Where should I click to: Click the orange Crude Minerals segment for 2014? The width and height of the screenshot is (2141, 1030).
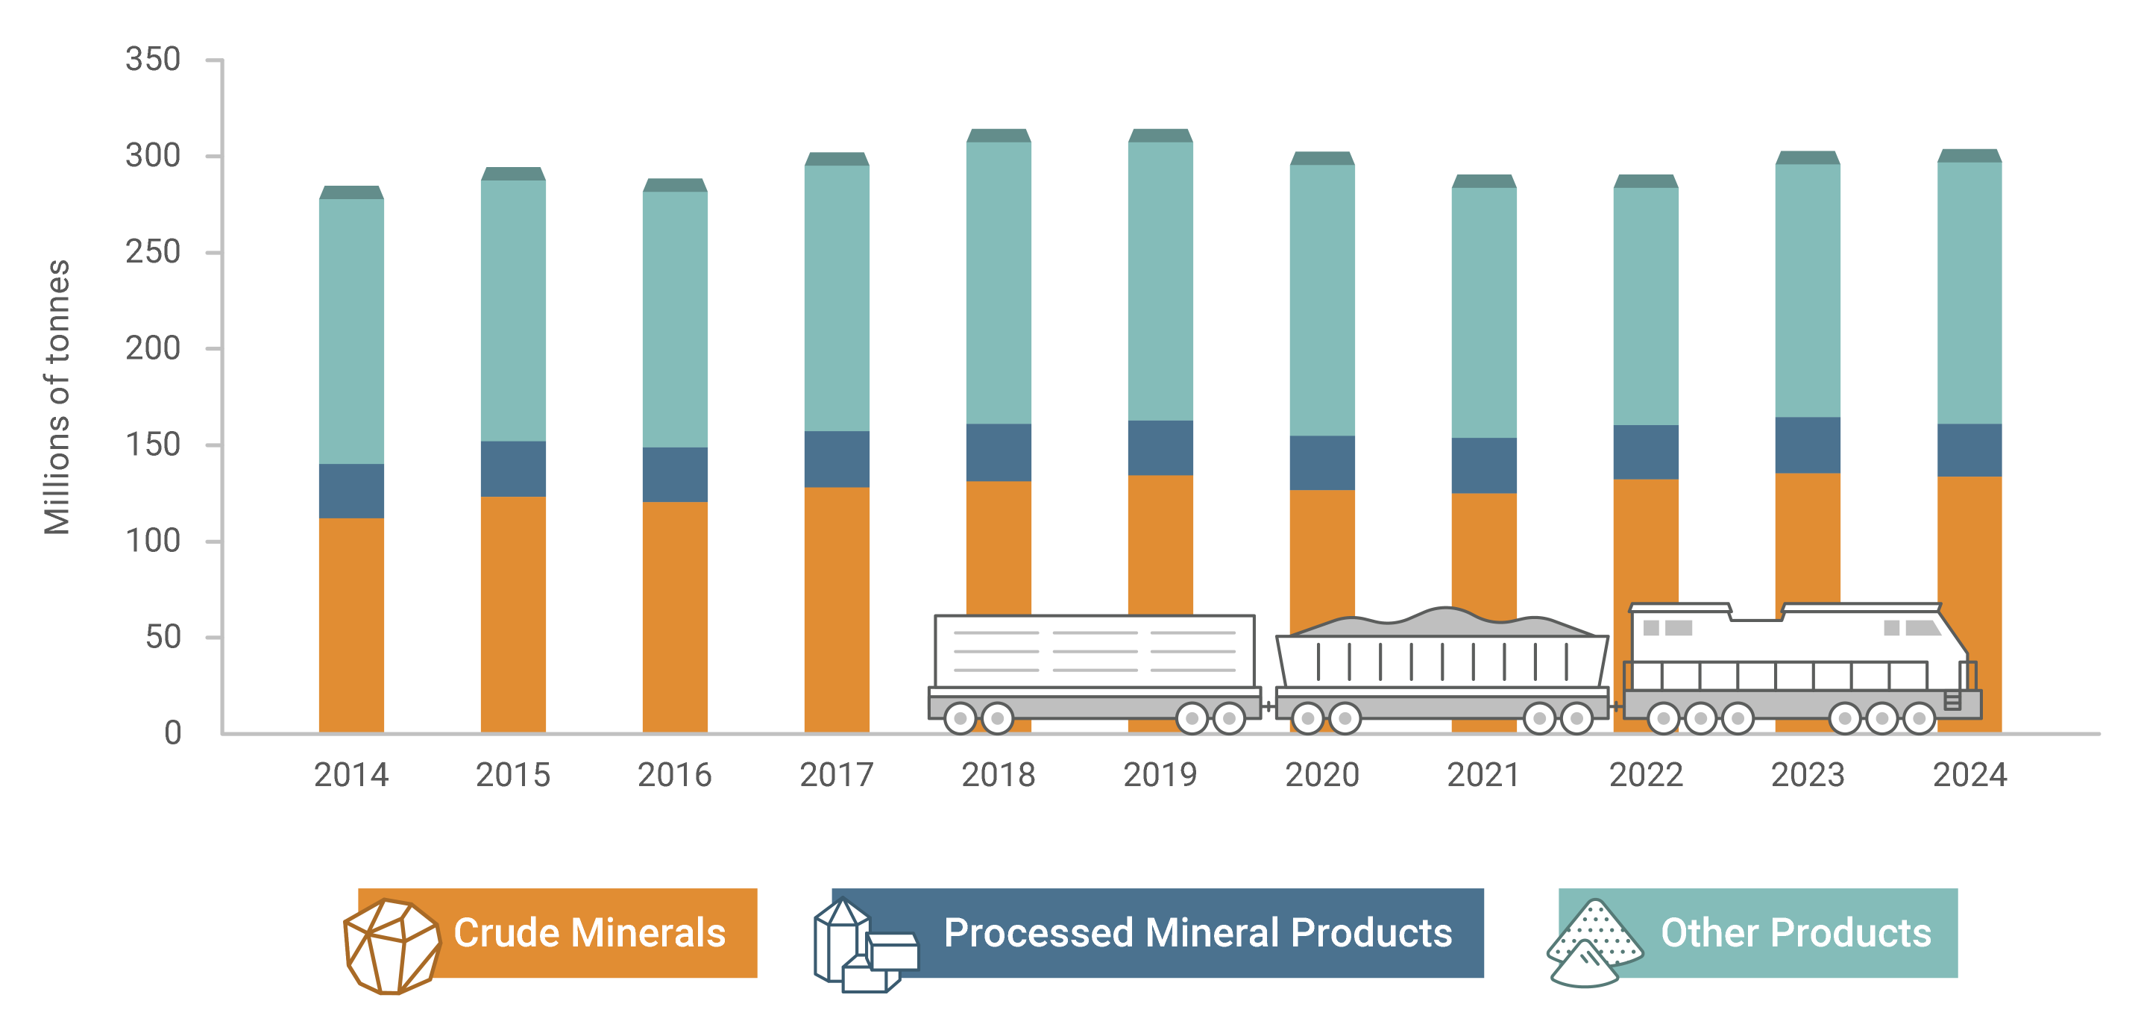click(350, 624)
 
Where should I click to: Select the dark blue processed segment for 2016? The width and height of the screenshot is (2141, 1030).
click(674, 474)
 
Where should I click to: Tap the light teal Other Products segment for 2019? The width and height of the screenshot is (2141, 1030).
click(1160, 281)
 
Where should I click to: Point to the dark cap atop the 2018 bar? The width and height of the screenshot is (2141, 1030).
click(999, 136)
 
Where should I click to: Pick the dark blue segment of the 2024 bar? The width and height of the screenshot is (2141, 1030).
click(1968, 450)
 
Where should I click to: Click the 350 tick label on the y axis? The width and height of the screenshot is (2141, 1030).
click(153, 60)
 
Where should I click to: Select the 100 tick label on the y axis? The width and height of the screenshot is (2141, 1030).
click(153, 541)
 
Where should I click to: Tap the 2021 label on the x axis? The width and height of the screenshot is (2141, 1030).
click(1483, 775)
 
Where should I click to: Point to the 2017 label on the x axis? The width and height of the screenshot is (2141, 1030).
click(836, 775)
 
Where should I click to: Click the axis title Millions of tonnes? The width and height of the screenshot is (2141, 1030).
click(57, 397)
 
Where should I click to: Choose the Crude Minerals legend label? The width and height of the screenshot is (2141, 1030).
click(589, 933)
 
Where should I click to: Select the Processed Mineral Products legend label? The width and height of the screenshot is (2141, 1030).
click(1197, 933)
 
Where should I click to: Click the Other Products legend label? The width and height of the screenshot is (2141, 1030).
click(1795, 933)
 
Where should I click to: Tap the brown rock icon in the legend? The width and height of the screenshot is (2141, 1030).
click(391, 946)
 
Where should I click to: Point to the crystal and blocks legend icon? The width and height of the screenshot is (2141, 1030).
click(864, 948)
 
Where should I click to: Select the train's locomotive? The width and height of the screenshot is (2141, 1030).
click(1799, 665)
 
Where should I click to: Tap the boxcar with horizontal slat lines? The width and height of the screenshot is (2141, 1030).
click(1094, 652)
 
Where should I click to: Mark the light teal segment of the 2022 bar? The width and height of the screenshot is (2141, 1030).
click(1645, 306)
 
